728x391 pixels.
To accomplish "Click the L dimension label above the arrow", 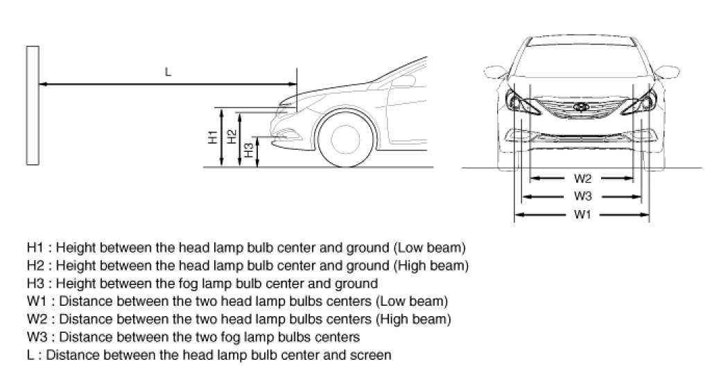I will pos(168,72).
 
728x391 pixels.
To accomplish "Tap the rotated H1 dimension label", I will pos(213,137).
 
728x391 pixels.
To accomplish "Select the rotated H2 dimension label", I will pos(232,137).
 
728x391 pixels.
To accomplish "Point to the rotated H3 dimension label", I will pos(249,150).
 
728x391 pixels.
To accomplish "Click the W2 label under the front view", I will pos(582,177).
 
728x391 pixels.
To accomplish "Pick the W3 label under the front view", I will pos(582,195).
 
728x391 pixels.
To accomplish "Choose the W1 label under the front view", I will pos(582,214).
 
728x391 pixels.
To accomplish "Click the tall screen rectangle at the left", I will pos(31,105).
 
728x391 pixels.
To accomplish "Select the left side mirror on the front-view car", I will pos(494,71).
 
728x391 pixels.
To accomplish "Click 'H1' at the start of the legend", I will pos(35,247).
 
